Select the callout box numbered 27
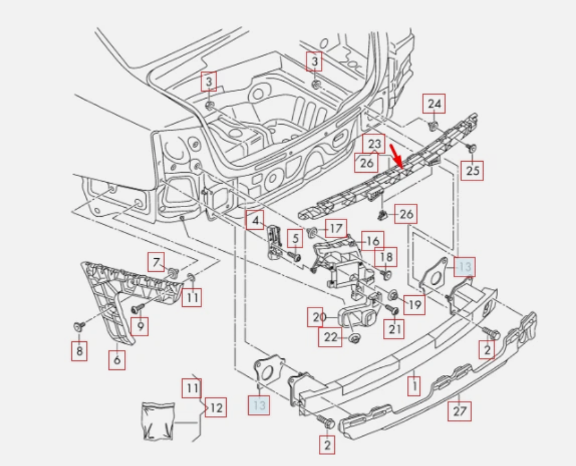click(459, 410)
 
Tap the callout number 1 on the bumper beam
click(413, 385)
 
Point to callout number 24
click(434, 103)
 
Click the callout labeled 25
click(472, 170)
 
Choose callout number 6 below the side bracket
click(117, 359)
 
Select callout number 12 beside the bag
click(216, 408)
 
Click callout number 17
click(336, 228)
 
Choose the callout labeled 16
click(372, 241)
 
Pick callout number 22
click(331, 337)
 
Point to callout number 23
click(373, 143)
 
